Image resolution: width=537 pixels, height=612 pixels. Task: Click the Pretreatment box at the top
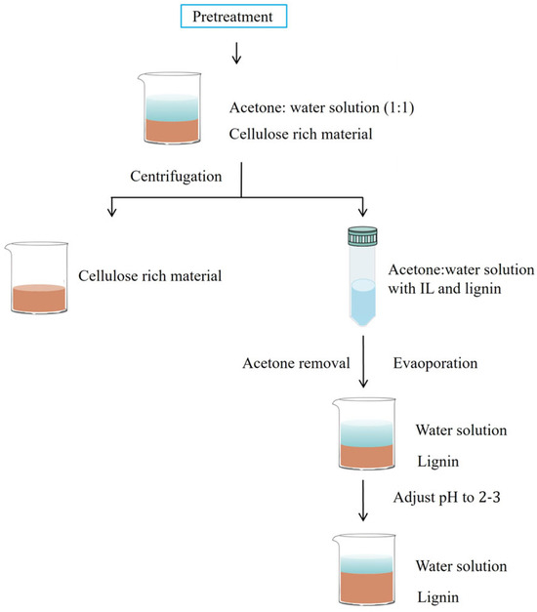pos(238,17)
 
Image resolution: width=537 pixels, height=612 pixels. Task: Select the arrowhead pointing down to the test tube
pos(363,213)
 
